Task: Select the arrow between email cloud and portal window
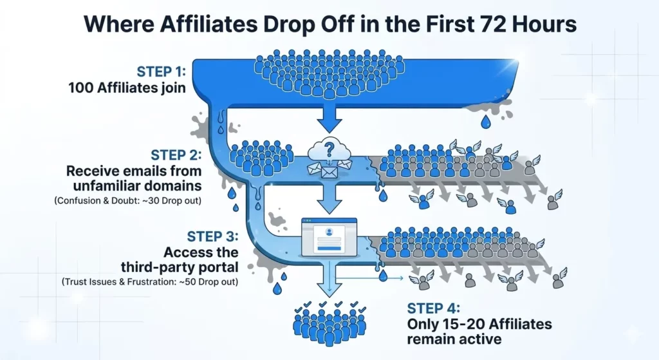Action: [329, 201]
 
